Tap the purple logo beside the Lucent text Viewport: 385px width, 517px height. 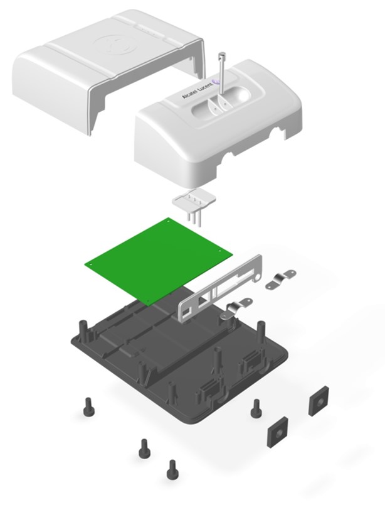[x=216, y=80]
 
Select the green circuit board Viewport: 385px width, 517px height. [x=159, y=261]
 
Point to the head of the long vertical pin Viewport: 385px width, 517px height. [x=221, y=55]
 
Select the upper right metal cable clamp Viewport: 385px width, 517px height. [x=281, y=280]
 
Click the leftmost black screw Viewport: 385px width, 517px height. [x=88, y=407]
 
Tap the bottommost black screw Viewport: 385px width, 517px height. [x=171, y=470]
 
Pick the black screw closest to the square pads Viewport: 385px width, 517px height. [x=256, y=408]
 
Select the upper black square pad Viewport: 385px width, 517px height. [x=319, y=401]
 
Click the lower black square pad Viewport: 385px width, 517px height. [x=278, y=432]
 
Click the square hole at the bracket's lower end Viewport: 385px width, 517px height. [x=187, y=312]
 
